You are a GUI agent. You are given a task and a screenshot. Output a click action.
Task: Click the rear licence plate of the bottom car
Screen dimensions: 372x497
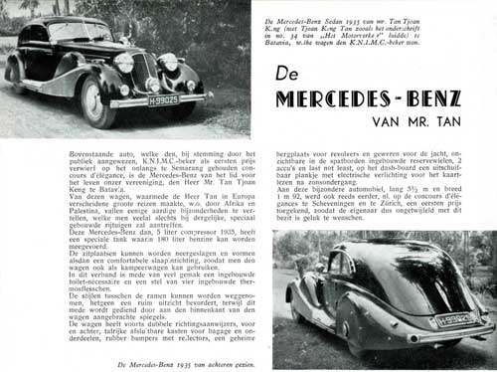pyautogui.click(x=453, y=319)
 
